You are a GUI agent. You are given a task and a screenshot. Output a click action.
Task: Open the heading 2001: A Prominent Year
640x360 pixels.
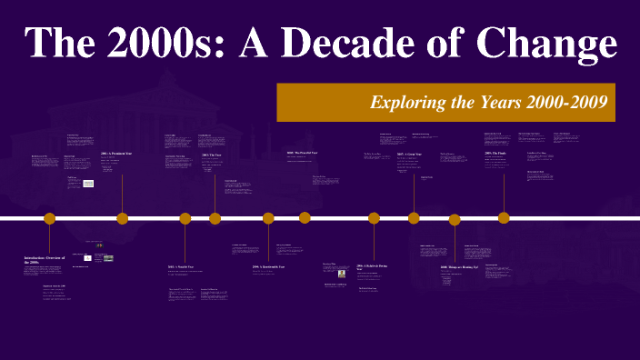pos(122,154)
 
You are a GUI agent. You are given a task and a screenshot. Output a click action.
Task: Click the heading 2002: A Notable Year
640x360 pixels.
pos(181,267)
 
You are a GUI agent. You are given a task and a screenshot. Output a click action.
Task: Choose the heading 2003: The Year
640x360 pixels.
pos(212,155)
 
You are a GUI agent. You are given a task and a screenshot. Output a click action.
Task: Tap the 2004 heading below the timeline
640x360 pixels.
pos(269,267)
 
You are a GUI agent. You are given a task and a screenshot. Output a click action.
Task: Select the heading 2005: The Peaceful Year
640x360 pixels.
pos(302,153)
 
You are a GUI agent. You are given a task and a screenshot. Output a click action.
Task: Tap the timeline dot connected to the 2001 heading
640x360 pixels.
pos(122,218)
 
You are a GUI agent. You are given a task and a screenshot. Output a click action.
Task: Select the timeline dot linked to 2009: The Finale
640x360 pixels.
pos(504,218)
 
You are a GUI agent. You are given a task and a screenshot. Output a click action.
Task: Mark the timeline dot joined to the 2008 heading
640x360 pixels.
pos(455,219)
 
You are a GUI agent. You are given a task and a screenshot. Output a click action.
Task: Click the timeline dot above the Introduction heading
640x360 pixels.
pos(50,218)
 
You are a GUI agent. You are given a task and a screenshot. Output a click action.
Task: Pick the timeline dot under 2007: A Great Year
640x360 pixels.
pos(414,218)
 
